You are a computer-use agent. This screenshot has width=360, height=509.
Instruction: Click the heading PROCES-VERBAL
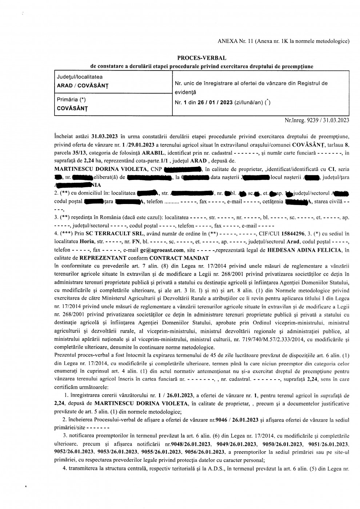pos(201,58)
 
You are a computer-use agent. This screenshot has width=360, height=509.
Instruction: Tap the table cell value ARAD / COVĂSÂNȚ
pos(83,86)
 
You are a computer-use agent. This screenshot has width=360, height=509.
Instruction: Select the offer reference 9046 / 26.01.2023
pos(238,420)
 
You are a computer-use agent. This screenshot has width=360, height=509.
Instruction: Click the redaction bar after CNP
pos(182,169)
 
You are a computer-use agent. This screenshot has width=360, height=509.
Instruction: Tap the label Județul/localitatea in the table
pos(80,77)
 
